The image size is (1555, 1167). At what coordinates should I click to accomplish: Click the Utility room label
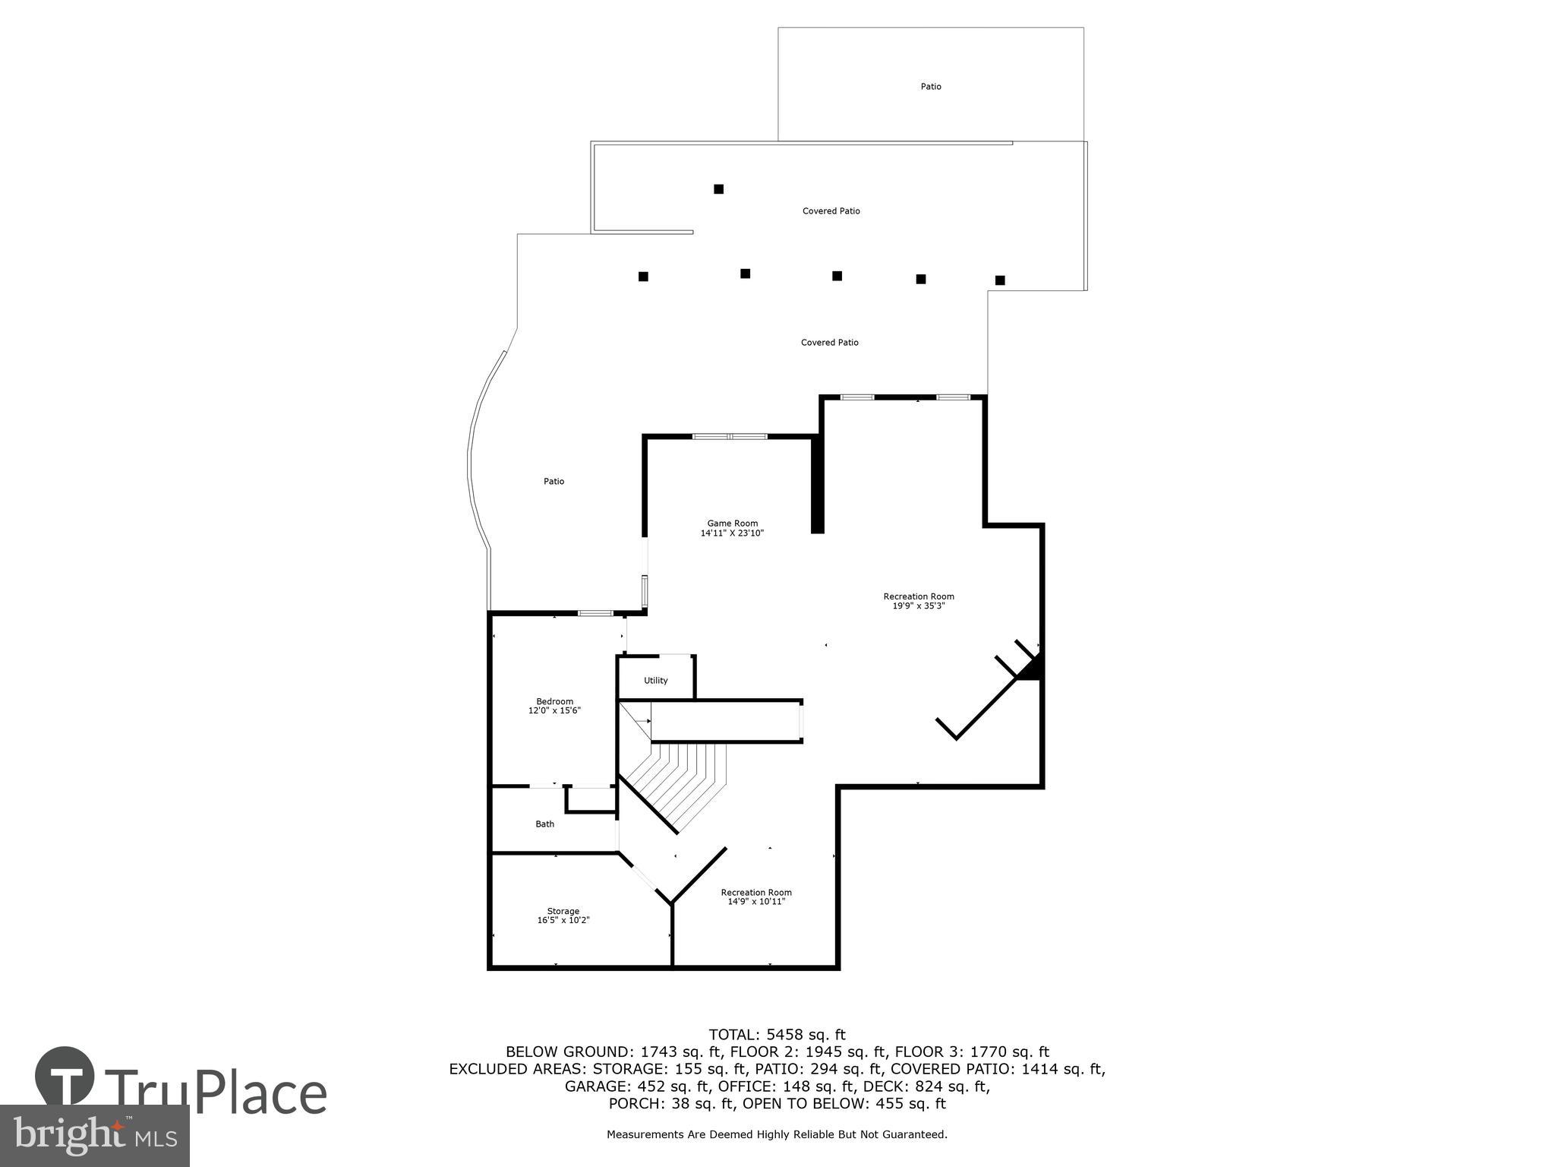tap(655, 681)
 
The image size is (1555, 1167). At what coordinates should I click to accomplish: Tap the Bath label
tap(544, 824)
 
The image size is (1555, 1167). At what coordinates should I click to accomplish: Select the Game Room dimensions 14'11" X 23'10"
tap(732, 533)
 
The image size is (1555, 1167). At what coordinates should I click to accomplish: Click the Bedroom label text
tap(554, 701)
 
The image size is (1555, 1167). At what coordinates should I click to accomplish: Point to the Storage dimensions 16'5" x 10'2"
tap(563, 920)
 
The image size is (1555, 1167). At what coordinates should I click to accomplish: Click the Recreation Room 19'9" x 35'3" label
tap(918, 601)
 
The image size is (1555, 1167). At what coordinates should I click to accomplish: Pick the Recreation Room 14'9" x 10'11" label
tap(756, 897)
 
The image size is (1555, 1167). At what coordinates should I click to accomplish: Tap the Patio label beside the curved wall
tap(554, 481)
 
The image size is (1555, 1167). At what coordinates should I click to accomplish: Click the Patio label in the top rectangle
tap(931, 87)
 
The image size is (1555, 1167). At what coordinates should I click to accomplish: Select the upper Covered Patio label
tap(831, 211)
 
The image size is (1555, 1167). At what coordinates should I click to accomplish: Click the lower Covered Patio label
tap(829, 343)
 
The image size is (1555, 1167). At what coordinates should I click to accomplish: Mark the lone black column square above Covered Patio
tap(718, 189)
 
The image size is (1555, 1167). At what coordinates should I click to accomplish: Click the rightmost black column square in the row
tap(1000, 280)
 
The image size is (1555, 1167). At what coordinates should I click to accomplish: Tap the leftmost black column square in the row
tap(643, 277)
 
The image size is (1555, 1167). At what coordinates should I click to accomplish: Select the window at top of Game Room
tap(730, 436)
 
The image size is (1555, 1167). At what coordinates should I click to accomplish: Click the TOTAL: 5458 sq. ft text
tap(777, 1034)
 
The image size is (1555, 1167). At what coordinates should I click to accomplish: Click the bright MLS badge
tap(94, 1135)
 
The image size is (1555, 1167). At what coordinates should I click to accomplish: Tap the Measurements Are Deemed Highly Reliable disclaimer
tap(777, 1134)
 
